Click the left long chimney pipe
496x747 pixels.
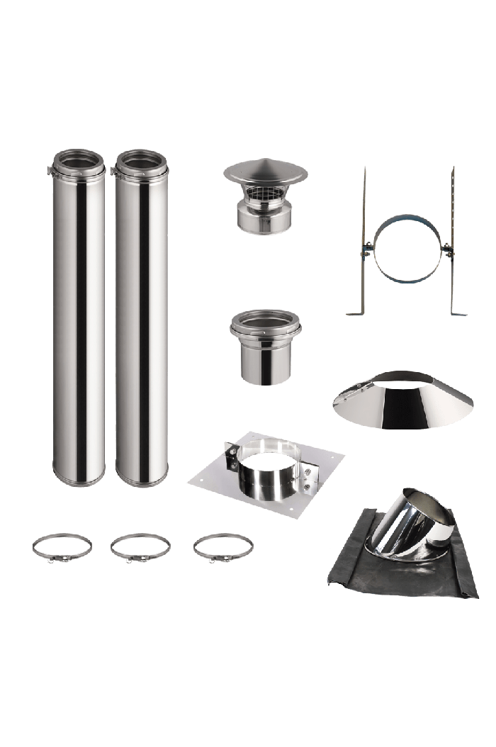(x=79, y=319)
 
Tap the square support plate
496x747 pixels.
(x=213, y=482)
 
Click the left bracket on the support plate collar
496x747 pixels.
(x=232, y=458)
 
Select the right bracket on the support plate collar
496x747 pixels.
(x=310, y=473)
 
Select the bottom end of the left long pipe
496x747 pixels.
(x=79, y=479)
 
